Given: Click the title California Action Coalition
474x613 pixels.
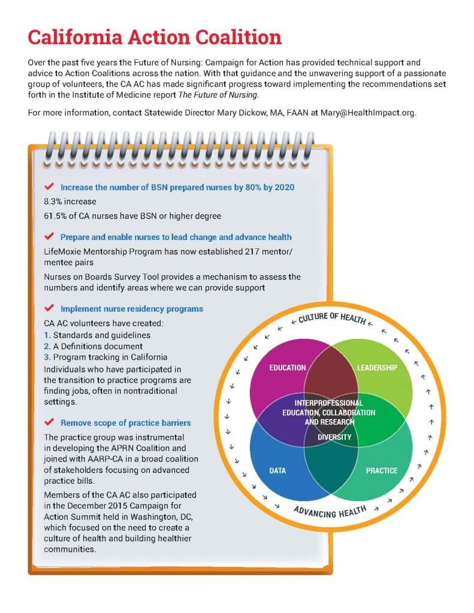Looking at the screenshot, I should (x=155, y=37).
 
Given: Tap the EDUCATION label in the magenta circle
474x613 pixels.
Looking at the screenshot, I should (x=288, y=368).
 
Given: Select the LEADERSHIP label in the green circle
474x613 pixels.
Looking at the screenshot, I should (x=377, y=368).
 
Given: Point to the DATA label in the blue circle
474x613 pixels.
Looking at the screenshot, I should (x=277, y=471).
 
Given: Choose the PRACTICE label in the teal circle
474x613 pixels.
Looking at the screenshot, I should (x=382, y=471).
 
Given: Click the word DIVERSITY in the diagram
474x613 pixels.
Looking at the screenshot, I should (x=334, y=437).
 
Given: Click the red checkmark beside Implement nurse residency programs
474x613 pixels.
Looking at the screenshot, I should (x=50, y=308).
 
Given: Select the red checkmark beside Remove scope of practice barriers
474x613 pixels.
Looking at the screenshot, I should (x=50, y=422).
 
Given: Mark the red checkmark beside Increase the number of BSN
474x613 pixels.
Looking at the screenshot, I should (x=50, y=187).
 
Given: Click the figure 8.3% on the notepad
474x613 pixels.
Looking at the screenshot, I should (x=53, y=201).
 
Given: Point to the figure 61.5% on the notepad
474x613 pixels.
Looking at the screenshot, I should (x=56, y=216).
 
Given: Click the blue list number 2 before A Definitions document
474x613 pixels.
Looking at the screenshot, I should (x=47, y=346).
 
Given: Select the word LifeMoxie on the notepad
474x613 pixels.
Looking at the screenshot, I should (x=64, y=251).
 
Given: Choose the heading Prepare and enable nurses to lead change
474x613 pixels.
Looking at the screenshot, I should (x=176, y=237).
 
